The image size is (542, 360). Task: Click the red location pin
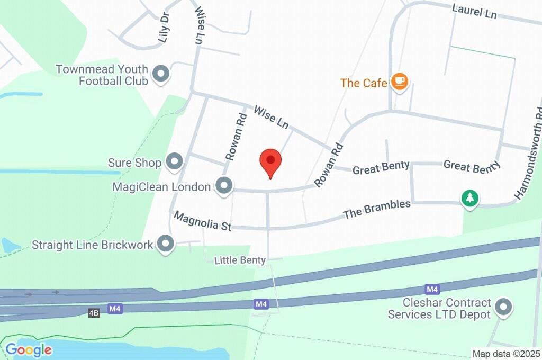tap(270, 160)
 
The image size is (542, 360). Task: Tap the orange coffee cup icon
tap(399, 81)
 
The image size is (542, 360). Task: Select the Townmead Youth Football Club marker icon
tap(160, 74)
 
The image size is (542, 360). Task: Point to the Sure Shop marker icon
tap(174, 162)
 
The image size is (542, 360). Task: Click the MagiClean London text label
tap(162, 187)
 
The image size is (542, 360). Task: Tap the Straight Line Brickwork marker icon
tap(166, 244)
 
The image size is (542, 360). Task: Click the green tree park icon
tap(469, 199)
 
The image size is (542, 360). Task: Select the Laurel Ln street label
tap(474, 11)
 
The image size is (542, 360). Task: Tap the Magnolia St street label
tap(203, 221)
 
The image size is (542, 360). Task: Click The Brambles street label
tap(376, 209)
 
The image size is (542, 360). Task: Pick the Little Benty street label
tap(240, 260)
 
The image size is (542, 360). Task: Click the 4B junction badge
tap(94, 313)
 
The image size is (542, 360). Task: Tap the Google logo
tap(29, 349)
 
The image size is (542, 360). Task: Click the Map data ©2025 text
tap(505, 354)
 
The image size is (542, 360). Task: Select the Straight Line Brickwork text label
tap(93, 245)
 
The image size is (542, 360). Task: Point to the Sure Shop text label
tap(134, 163)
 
